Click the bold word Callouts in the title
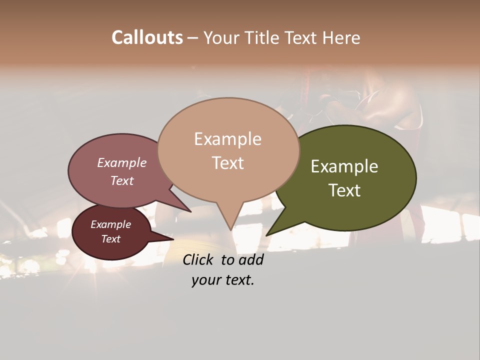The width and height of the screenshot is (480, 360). click(147, 37)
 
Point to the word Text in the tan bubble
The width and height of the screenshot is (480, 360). click(227, 163)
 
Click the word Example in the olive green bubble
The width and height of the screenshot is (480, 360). click(344, 166)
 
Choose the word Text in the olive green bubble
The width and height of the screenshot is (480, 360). click(344, 190)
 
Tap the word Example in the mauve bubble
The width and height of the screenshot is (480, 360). click(121, 162)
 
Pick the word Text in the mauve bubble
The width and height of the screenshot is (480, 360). click(121, 180)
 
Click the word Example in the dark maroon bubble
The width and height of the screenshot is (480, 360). click(110, 224)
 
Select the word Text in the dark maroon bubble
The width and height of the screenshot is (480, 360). click(110, 239)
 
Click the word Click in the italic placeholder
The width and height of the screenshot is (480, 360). click(199, 259)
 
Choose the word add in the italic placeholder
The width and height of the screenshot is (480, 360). click(250, 259)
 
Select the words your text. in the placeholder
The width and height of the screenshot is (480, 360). click(223, 280)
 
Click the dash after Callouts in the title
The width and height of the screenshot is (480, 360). click(193, 38)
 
